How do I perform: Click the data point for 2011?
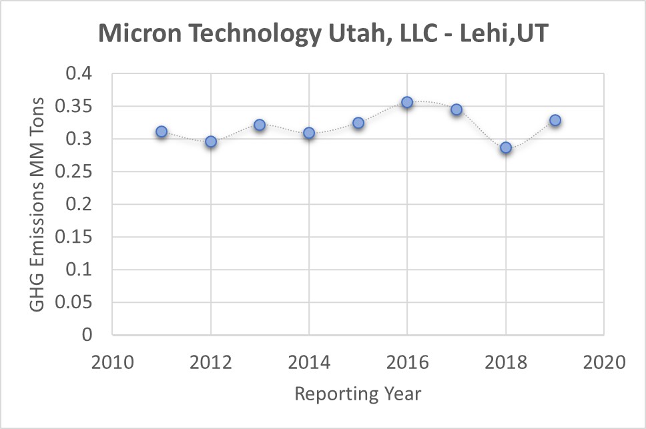click(161, 131)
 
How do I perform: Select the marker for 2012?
click(211, 141)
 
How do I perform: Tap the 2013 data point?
click(260, 125)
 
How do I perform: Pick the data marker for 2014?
click(309, 133)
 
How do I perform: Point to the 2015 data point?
click(358, 123)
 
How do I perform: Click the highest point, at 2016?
click(407, 102)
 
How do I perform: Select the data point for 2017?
click(456, 109)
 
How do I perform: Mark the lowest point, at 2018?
click(506, 147)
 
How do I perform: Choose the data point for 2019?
click(555, 121)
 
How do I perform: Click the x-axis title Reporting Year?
click(358, 394)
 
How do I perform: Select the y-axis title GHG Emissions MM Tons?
click(38, 204)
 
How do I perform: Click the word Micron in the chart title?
click(137, 33)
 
